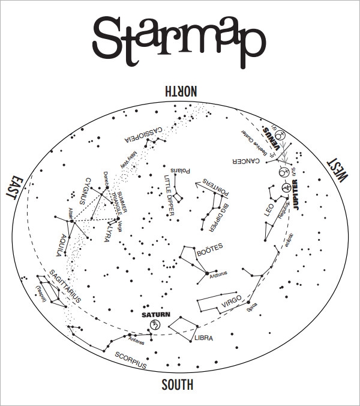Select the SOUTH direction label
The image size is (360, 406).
coord(177,385)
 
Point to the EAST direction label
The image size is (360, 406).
coord(14,187)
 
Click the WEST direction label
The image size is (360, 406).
coord(338,170)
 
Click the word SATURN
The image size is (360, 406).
coord(156,314)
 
